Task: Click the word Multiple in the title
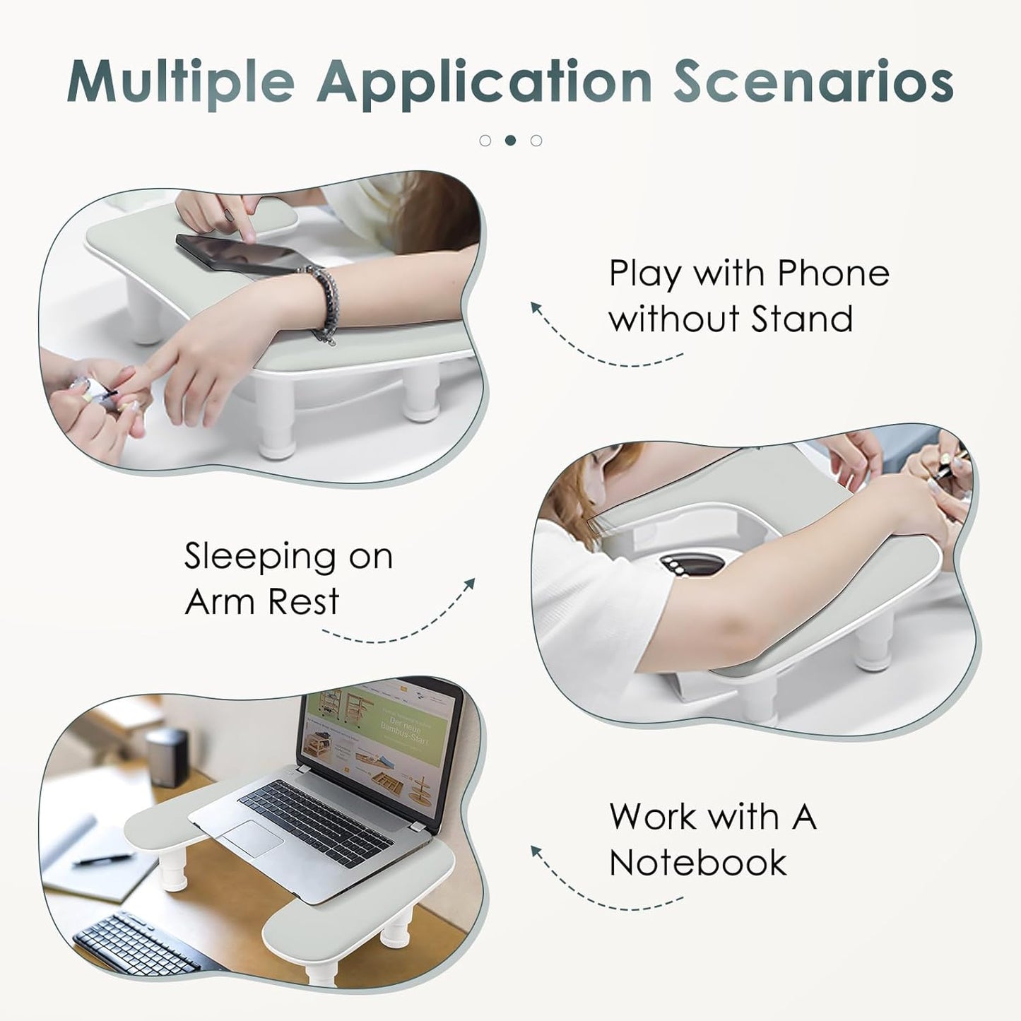(x=180, y=82)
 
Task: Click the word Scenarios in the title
(x=813, y=82)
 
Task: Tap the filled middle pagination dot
(x=510, y=140)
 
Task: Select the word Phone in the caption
(x=833, y=273)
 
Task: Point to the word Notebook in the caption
(x=698, y=863)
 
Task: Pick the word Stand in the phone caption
(x=801, y=319)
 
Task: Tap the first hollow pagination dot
(x=485, y=140)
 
